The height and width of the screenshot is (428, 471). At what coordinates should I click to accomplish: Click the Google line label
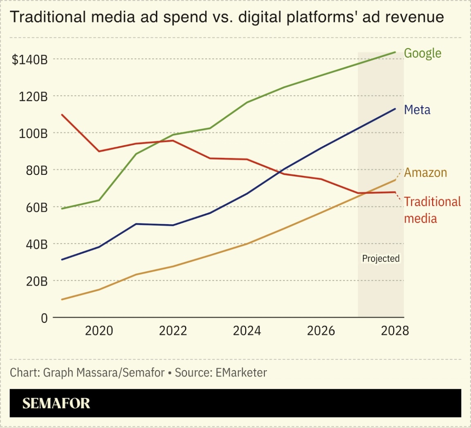tap(422, 53)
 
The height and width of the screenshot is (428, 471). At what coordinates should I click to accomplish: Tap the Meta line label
tap(417, 110)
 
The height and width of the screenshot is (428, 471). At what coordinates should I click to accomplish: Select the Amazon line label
tap(425, 172)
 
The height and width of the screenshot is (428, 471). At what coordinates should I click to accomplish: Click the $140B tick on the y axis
tap(30, 60)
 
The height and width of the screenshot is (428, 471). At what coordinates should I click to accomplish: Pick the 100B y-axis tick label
tap(33, 133)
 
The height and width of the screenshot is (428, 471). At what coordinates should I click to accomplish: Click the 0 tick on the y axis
tap(44, 318)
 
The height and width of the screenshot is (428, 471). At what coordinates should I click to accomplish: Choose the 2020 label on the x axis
tap(99, 331)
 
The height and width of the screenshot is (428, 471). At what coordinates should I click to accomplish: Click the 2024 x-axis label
tap(247, 331)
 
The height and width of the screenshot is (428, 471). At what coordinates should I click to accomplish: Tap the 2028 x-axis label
tap(395, 331)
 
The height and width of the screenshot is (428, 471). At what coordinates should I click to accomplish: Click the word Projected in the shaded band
tap(381, 259)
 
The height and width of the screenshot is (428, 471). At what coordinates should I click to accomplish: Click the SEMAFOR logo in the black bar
tap(56, 403)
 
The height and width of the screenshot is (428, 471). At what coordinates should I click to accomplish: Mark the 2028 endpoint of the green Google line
tap(395, 52)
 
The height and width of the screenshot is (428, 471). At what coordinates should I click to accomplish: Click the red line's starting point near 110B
tap(62, 115)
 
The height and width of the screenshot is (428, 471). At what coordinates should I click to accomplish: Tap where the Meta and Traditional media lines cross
tap(282, 171)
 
